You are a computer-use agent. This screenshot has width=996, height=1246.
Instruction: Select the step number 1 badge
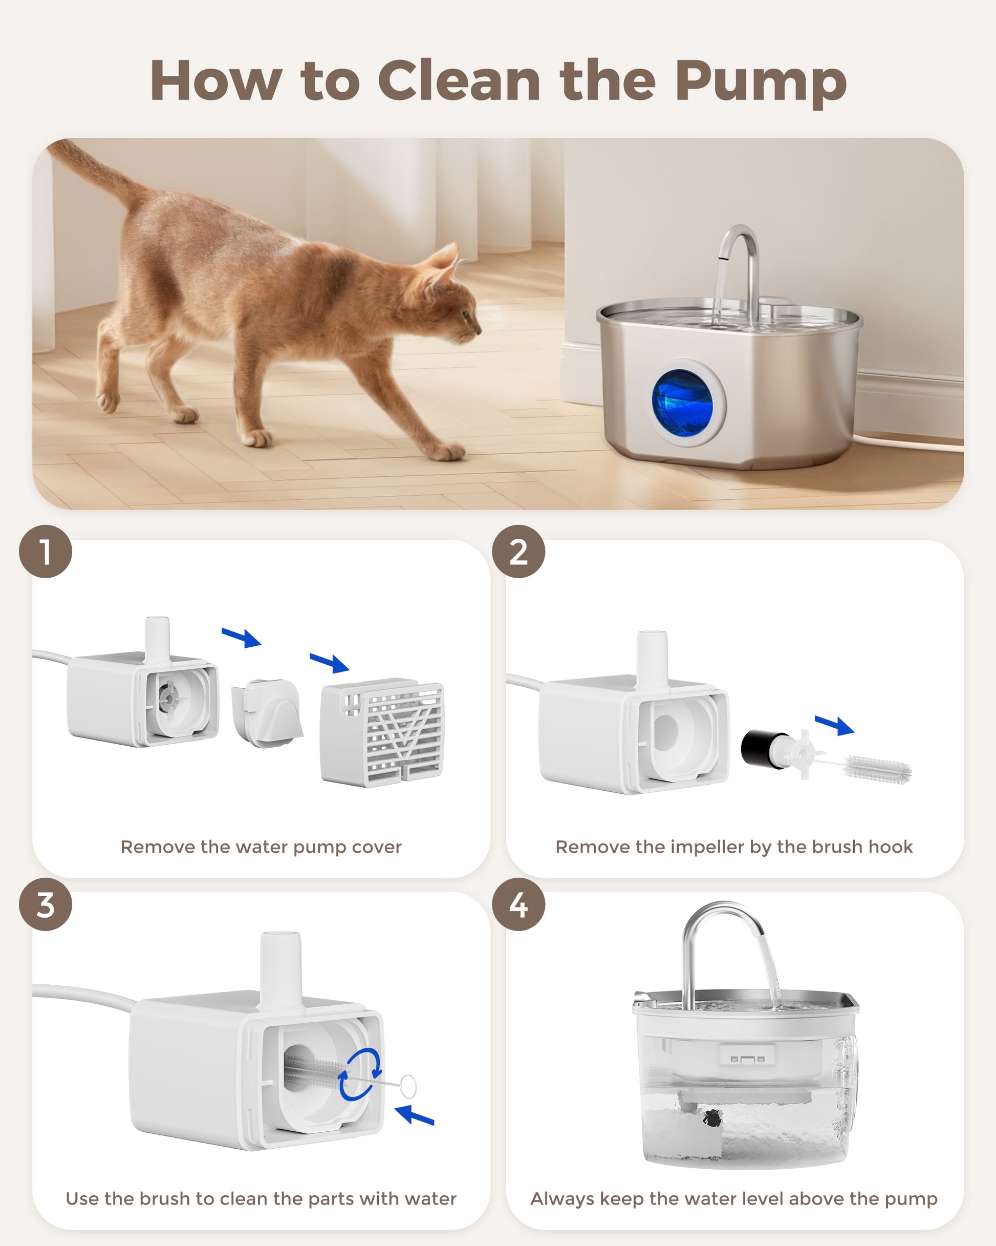[46, 552]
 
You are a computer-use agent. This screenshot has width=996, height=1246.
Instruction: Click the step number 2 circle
[518, 552]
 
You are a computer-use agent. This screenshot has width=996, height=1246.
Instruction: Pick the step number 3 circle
[46, 904]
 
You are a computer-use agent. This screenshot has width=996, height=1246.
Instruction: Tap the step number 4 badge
[518, 904]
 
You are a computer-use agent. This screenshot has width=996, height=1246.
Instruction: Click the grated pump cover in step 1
[382, 732]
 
